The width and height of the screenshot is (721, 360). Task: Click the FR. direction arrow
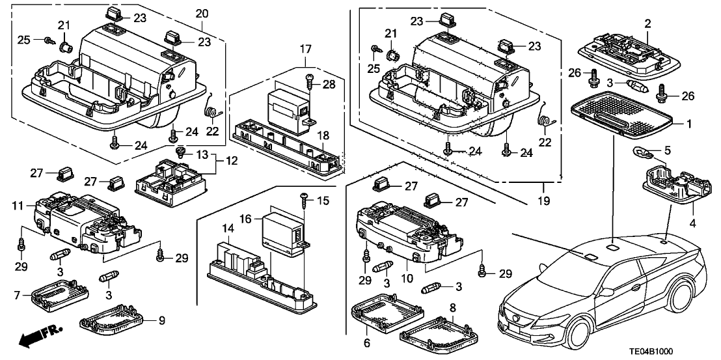(x=36, y=336)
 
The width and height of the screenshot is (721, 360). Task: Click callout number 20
(x=202, y=14)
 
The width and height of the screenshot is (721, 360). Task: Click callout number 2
(x=647, y=23)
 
